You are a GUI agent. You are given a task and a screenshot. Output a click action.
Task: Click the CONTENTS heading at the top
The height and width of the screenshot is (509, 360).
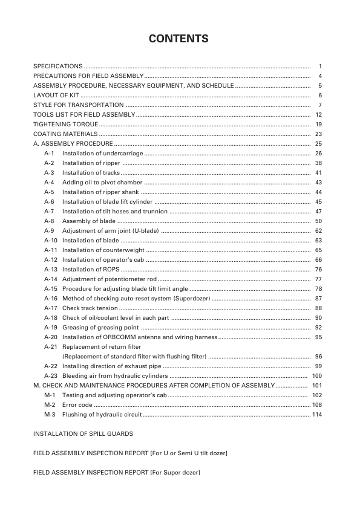(179, 39)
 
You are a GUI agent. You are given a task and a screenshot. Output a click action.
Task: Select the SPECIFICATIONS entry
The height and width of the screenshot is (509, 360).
(57, 66)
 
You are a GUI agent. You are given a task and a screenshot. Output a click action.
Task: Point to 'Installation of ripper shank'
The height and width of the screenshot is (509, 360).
(100, 192)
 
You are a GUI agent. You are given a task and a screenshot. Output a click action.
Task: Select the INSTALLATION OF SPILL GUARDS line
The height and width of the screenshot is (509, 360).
(83, 434)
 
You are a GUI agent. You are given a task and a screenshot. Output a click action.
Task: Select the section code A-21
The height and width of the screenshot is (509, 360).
(50, 347)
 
